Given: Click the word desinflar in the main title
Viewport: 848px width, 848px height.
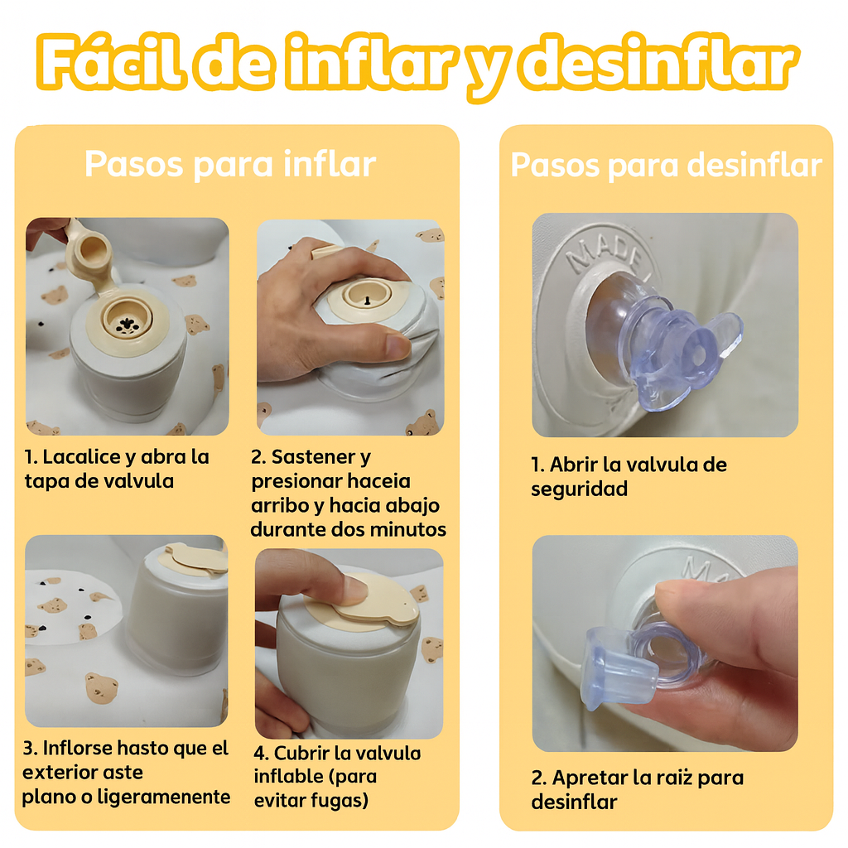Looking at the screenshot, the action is coord(658,63).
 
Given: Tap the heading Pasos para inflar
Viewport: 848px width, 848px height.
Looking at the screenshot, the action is coord(230,165).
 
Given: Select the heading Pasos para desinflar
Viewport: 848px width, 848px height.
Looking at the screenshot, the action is coord(667,165).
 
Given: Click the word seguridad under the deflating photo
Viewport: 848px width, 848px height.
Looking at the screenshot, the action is coord(579,489).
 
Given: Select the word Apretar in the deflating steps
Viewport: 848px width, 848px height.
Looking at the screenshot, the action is coord(590,778).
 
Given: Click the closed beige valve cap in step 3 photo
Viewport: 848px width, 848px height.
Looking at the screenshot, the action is coord(195,559).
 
